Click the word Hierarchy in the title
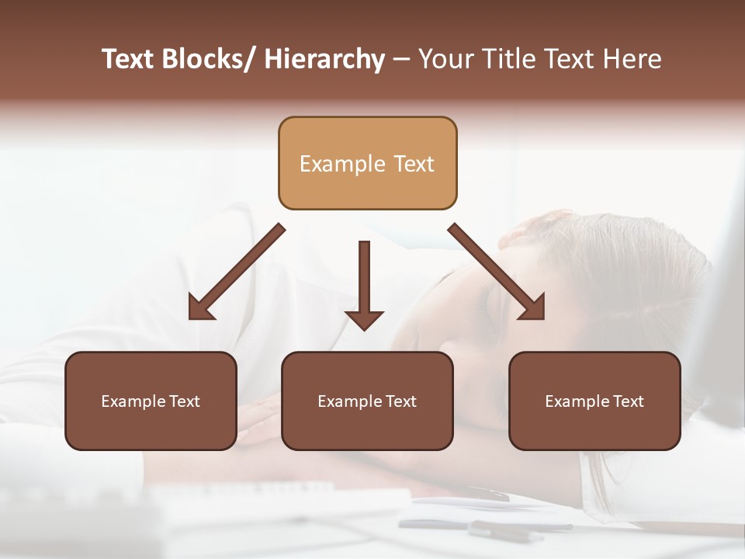pyautogui.click(x=324, y=59)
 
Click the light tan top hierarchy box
pyautogui.click(x=367, y=163)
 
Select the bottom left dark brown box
pyautogui.click(x=151, y=401)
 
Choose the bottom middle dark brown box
pyautogui.click(x=367, y=401)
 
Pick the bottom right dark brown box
pyautogui.click(x=594, y=401)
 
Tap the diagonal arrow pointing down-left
pyautogui.click(x=237, y=272)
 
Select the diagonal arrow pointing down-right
pyautogui.click(x=496, y=271)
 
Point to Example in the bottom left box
pyautogui.click(x=133, y=401)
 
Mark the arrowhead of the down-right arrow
pyautogui.click(x=532, y=307)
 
